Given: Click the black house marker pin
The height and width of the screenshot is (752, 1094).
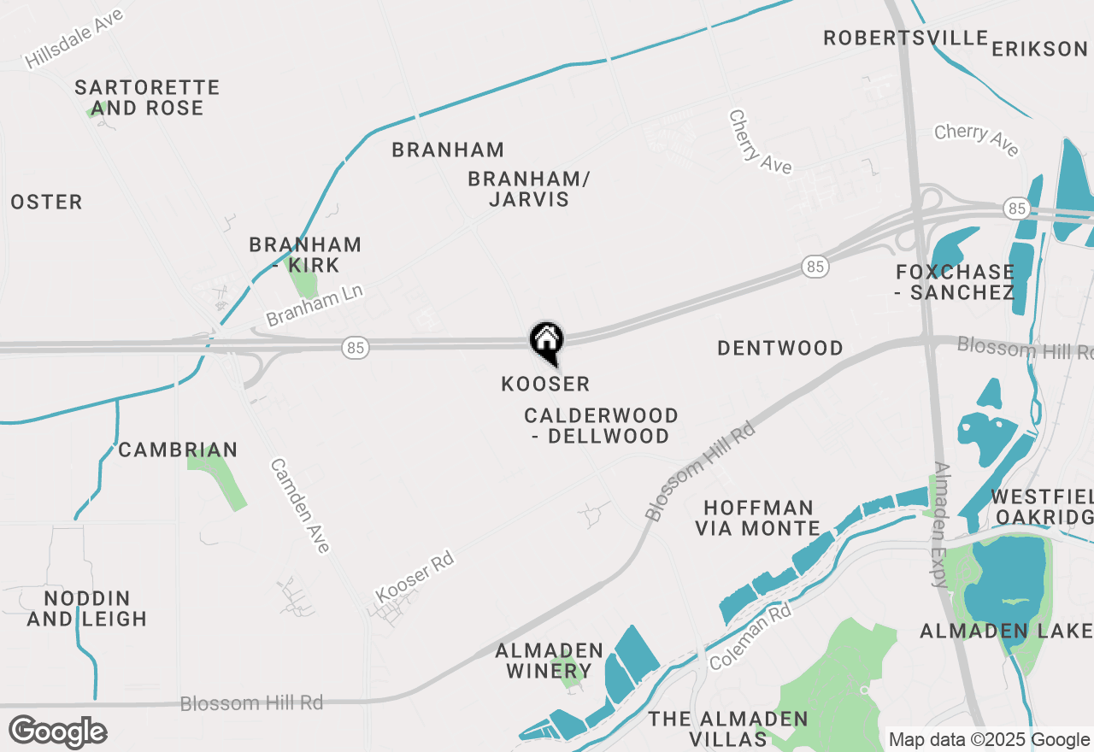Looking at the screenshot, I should point(546,342).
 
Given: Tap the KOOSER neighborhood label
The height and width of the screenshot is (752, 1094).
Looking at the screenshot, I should point(545,385).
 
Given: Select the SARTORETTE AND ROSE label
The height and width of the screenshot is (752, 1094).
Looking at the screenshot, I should point(147,97).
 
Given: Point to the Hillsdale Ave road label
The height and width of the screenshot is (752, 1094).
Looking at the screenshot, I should point(74,38).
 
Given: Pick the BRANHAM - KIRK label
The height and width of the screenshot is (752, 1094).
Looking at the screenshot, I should point(305,255).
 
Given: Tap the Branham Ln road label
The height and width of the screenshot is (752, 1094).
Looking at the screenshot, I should point(315,305).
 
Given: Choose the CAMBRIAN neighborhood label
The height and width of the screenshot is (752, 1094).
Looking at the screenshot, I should point(178,449).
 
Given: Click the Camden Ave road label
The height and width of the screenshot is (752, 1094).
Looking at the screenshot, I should point(300,505).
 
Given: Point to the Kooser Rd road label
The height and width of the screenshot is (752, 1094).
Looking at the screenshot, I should point(415,577).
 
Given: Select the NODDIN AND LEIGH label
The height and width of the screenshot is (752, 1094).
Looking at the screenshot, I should point(86,608).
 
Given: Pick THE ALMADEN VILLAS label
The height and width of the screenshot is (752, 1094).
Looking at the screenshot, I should point(727,729).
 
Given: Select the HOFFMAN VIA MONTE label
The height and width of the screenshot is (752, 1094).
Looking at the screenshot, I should point(757,518).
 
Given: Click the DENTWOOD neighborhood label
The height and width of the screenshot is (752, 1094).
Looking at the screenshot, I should point(780,348).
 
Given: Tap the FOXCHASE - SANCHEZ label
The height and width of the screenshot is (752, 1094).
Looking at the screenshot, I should point(955,282).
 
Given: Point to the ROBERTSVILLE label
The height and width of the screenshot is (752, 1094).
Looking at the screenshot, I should point(905,38).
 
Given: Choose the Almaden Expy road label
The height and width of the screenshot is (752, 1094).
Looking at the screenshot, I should point(942,525).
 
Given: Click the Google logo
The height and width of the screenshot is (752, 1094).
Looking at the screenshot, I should point(57,732).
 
